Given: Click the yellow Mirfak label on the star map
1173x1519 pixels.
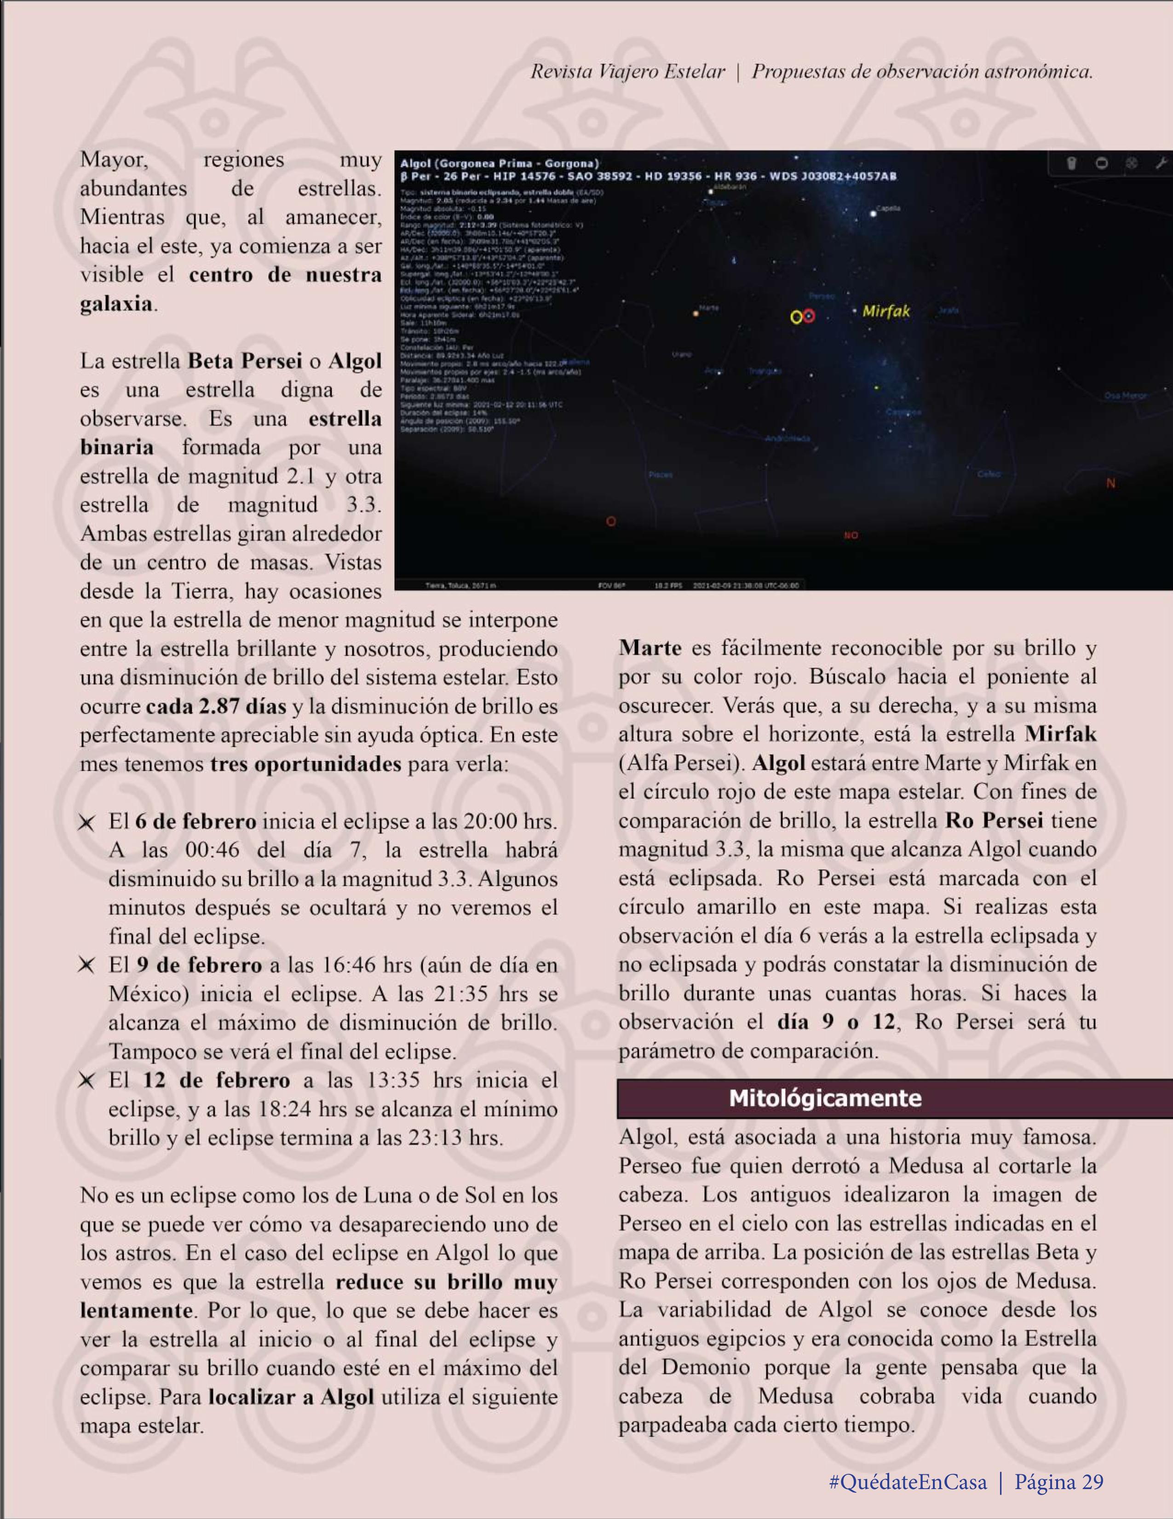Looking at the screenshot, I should [886, 311].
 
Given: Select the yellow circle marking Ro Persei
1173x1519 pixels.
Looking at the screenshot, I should [797, 317].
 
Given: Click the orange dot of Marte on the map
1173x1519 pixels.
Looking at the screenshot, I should [696, 314].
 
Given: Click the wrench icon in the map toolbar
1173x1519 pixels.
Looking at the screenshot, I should [1160, 163].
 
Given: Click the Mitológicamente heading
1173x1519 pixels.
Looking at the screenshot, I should [825, 1098].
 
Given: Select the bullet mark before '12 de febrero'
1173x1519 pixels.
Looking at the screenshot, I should [87, 1081].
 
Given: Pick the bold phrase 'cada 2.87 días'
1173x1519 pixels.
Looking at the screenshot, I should [216, 707].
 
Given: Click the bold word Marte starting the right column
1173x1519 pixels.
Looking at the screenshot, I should [650, 648].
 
